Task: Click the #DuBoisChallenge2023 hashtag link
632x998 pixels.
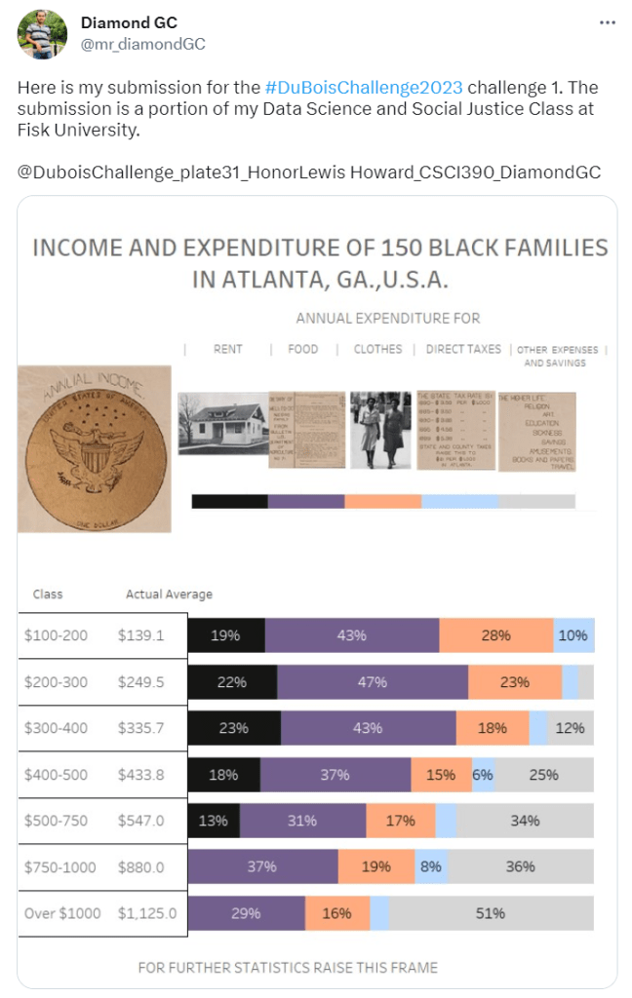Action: (363, 87)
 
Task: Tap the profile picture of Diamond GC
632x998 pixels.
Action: (42, 34)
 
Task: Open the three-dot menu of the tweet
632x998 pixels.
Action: (607, 22)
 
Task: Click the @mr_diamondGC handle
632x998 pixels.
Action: (142, 44)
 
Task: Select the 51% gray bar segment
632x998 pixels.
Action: (492, 913)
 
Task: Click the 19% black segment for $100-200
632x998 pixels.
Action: (226, 635)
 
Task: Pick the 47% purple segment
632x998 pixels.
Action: (373, 682)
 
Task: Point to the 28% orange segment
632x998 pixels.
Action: (495, 635)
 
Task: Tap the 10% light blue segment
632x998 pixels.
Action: (573, 635)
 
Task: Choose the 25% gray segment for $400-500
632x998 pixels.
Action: (544, 775)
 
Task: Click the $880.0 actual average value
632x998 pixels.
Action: (141, 867)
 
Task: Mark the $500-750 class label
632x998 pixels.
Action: (56, 821)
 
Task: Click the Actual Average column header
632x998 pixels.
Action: (169, 594)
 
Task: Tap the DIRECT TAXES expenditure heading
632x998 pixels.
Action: (464, 349)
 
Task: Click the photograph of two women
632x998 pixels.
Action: (381, 430)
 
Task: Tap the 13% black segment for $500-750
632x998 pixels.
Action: (214, 821)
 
